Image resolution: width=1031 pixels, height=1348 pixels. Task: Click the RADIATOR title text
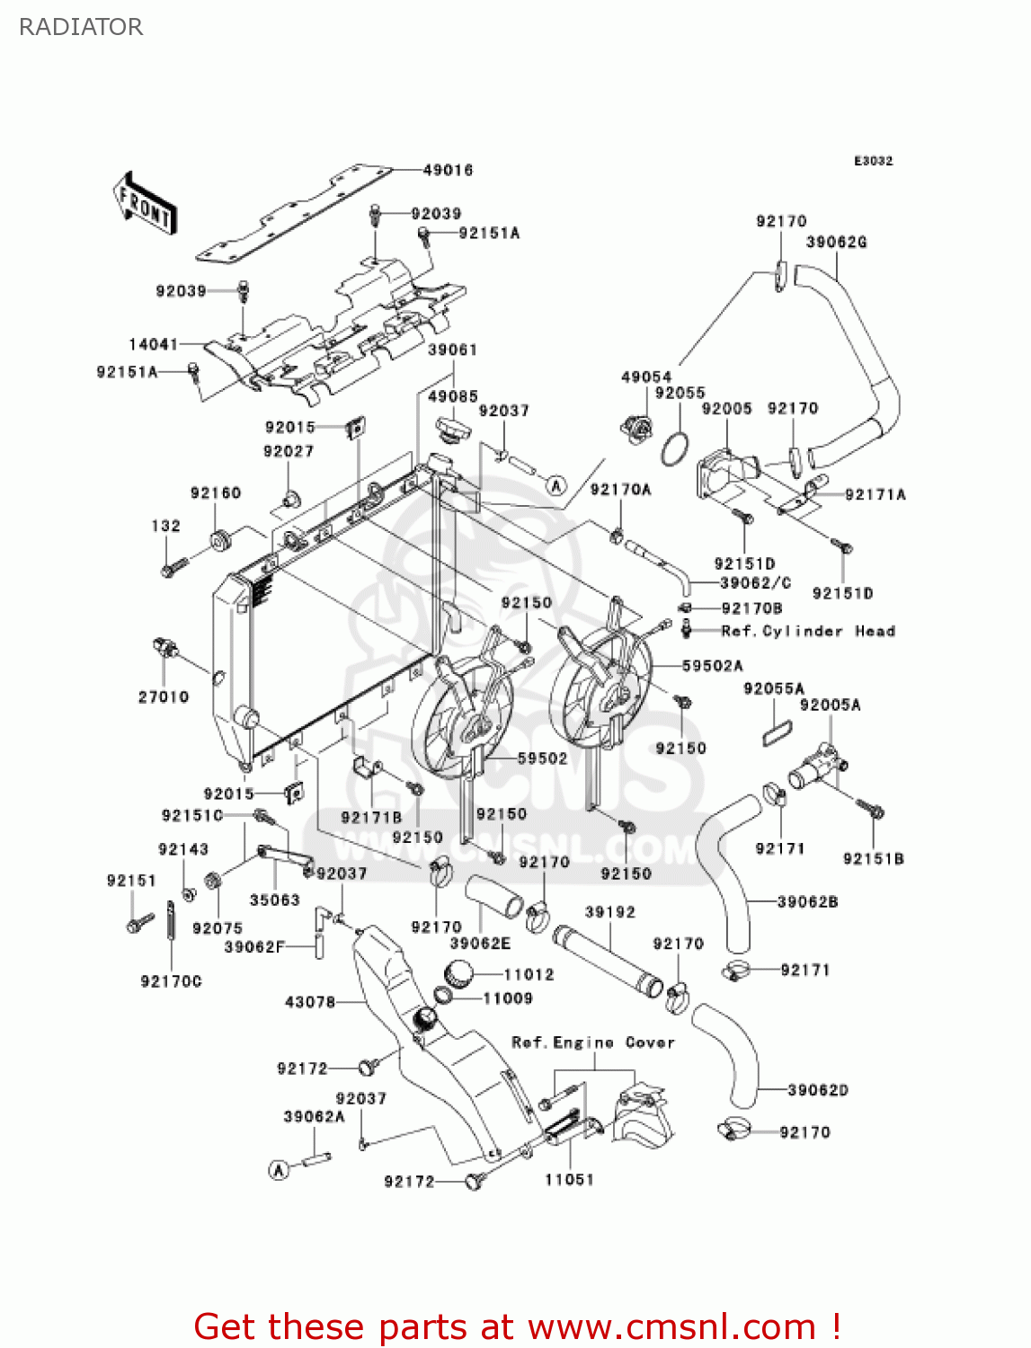[x=81, y=27]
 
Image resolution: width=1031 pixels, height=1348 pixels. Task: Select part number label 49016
[x=448, y=170]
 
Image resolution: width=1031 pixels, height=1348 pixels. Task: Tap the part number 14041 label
[x=153, y=344]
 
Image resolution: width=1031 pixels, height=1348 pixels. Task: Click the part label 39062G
[x=836, y=243]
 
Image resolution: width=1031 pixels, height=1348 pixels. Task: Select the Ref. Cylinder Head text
[x=807, y=631]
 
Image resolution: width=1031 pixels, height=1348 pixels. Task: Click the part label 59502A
[x=712, y=666]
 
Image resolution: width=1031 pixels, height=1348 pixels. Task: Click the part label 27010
[x=163, y=696]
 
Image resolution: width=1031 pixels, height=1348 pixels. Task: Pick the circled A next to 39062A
[x=280, y=1169]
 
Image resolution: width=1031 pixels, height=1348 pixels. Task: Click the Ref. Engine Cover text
[x=592, y=1042]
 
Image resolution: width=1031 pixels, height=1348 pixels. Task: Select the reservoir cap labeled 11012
[x=458, y=972]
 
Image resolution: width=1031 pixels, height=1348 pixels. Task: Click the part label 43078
[x=309, y=1001]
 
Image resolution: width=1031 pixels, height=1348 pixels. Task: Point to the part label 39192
[x=609, y=911]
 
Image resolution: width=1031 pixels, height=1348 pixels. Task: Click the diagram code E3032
[x=873, y=161]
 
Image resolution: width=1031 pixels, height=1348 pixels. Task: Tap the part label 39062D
[x=817, y=1090]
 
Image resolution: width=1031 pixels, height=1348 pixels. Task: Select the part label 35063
[x=274, y=900]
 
